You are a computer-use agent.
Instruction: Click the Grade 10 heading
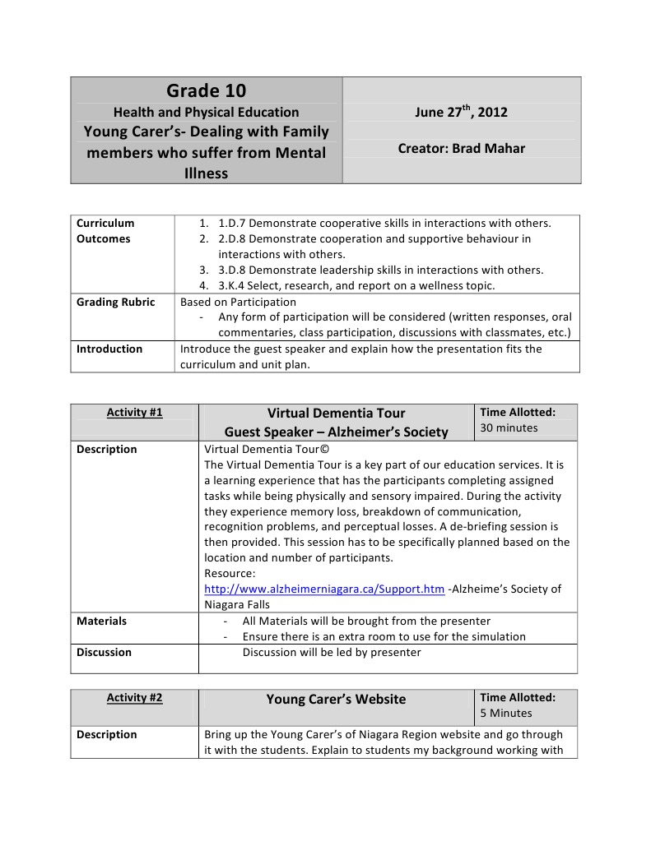point(206,90)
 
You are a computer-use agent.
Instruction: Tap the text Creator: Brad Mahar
point(461,149)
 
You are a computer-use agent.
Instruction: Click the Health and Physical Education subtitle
point(206,113)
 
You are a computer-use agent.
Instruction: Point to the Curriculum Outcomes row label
point(105,231)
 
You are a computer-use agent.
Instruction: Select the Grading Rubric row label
point(115,302)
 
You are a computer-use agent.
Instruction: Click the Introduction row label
point(109,349)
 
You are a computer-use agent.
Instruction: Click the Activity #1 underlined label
point(134,413)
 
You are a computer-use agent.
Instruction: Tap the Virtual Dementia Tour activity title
point(336,413)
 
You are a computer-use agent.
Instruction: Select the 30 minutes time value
point(509,427)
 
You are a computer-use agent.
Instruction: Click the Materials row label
point(101,621)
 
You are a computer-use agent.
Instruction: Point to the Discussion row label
point(104,652)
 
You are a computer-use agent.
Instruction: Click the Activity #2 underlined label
point(134,698)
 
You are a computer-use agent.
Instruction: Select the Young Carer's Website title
point(336,699)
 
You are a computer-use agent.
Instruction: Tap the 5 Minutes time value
point(506,713)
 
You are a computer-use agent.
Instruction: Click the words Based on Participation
point(238,302)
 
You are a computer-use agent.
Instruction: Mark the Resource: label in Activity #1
point(230,573)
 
